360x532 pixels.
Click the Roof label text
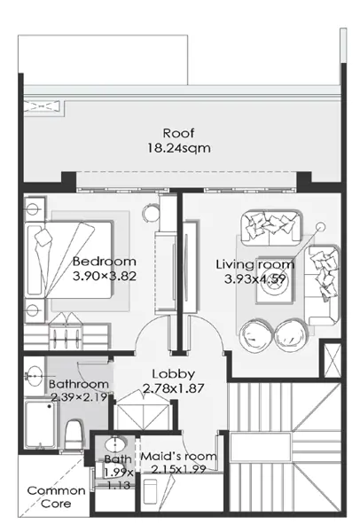point(178,133)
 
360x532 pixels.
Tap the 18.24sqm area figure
point(179,148)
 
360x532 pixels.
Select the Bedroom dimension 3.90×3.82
point(105,276)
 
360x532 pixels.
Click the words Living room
point(255,264)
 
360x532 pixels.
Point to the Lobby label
point(174,374)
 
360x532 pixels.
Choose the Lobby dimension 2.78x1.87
point(174,388)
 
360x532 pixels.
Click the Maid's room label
point(178,457)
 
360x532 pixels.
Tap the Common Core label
point(56,497)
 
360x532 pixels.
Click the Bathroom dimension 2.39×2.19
point(79,396)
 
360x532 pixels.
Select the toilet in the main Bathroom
point(74,434)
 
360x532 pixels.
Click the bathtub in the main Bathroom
point(41,424)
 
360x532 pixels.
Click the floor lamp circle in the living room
point(320,226)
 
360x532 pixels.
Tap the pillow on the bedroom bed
point(43,238)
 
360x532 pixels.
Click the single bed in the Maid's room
point(150,491)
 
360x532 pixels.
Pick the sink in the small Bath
point(115,444)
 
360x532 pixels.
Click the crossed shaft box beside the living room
point(333,360)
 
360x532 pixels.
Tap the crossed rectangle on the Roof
point(43,106)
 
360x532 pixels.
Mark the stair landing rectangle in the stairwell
point(260,447)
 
